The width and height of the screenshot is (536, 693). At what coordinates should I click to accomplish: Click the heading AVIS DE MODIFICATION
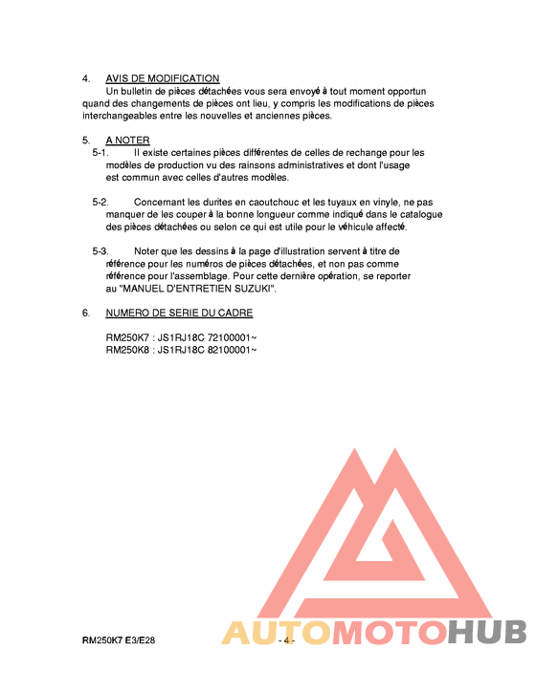pyautogui.click(x=163, y=78)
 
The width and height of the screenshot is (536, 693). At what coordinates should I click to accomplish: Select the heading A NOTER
pyautogui.click(x=127, y=141)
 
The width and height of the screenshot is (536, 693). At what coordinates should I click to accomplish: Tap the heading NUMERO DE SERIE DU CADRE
pyautogui.click(x=179, y=313)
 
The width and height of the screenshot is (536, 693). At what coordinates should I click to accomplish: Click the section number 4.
pyautogui.click(x=86, y=78)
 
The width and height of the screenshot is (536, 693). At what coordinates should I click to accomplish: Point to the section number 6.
pyautogui.click(x=86, y=313)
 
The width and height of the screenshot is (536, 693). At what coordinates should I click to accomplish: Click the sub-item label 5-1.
pyautogui.click(x=100, y=152)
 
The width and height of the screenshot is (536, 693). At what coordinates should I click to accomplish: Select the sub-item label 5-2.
pyautogui.click(x=100, y=203)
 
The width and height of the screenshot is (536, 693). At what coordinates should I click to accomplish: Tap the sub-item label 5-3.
pyautogui.click(x=100, y=251)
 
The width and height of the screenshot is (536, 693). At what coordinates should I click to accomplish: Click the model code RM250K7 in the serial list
pyautogui.click(x=126, y=337)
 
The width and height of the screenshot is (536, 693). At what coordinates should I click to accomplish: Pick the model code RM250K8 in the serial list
pyautogui.click(x=126, y=350)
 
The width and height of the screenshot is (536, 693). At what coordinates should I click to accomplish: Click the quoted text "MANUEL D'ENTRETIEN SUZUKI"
pyautogui.click(x=197, y=289)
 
